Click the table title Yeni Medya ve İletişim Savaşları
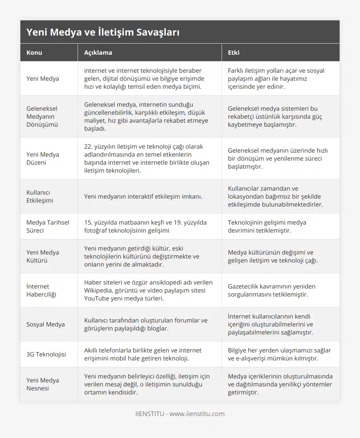click(103, 32)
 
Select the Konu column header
click(34, 52)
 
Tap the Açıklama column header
click(98, 52)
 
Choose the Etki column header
click(234, 52)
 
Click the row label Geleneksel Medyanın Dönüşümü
click(42, 116)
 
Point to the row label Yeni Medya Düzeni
click(42, 158)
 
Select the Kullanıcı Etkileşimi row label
click(40, 196)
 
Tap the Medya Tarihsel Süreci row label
click(48, 226)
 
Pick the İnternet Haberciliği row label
click(41, 290)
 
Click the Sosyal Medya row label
click(45, 324)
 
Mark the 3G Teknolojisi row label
click(46, 354)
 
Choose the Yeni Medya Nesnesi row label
click(42, 384)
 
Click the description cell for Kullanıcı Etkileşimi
click(143, 196)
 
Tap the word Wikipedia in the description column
click(98, 290)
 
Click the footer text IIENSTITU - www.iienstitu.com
click(180, 414)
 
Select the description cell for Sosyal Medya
click(146, 324)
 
